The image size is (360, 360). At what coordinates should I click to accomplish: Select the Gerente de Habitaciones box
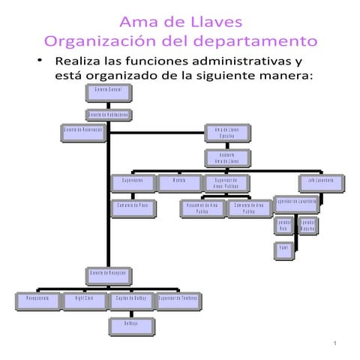[x=109, y=115]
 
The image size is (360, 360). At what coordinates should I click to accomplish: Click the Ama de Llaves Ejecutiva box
[x=226, y=133]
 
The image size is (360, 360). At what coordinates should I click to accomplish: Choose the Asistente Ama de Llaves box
[x=226, y=158]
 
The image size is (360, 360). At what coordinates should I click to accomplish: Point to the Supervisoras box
[x=133, y=182]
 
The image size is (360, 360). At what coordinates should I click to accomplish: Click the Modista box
[x=179, y=182]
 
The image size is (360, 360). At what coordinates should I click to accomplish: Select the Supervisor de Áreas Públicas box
[x=226, y=182]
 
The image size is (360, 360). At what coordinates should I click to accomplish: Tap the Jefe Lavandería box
[x=321, y=182]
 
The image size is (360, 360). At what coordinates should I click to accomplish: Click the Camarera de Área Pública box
[x=249, y=207]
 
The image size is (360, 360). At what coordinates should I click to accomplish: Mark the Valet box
[x=283, y=248]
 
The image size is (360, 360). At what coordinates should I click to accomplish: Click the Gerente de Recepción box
[x=109, y=274]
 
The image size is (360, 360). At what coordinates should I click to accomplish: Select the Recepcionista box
[x=37, y=300]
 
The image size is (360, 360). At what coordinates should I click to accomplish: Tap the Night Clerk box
[x=85, y=300]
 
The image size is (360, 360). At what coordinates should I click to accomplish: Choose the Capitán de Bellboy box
[x=131, y=300]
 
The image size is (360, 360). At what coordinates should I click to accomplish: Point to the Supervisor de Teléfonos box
[x=178, y=300]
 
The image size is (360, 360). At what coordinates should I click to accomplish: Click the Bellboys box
[x=131, y=325]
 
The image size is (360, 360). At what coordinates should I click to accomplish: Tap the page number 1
[x=337, y=344]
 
